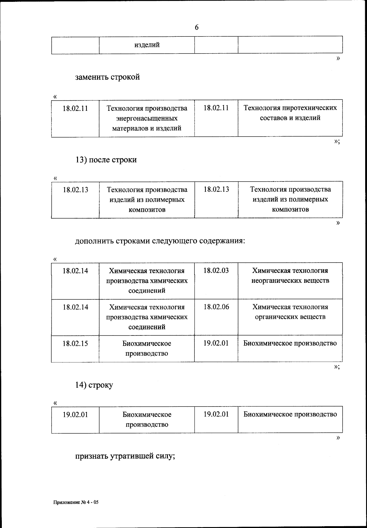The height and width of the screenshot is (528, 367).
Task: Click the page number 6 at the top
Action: click(x=197, y=28)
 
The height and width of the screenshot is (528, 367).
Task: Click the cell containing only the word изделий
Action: click(x=147, y=45)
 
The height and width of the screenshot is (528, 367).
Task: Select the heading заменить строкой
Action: click(x=108, y=77)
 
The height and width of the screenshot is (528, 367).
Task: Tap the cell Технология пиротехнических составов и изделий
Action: click(x=290, y=113)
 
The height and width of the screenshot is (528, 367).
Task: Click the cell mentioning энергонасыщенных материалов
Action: click(x=147, y=118)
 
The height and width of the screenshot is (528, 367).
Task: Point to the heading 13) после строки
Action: click(x=106, y=159)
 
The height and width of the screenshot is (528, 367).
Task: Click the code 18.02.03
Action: click(x=216, y=271)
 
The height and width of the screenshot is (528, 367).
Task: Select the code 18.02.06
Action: click(x=216, y=307)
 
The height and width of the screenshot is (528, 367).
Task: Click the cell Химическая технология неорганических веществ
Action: click(x=290, y=275)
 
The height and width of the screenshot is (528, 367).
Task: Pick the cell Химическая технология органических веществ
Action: click(x=290, y=312)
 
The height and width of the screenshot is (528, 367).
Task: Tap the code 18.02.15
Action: click(x=75, y=343)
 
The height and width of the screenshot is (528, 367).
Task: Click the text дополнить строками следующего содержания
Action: click(x=160, y=241)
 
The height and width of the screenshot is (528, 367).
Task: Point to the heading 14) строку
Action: click(x=94, y=385)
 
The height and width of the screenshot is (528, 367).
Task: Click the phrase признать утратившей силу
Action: click(x=125, y=456)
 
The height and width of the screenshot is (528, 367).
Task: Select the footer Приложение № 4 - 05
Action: click(x=76, y=502)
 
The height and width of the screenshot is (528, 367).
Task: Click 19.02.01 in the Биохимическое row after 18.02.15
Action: click(x=216, y=343)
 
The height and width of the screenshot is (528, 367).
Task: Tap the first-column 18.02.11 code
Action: click(x=75, y=108)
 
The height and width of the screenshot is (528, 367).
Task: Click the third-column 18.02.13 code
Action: click(x=216, y=189)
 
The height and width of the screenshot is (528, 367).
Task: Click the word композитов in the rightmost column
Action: click(x=290, y=209)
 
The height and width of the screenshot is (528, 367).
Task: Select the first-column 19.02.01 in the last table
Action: click(x=75, y=415)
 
